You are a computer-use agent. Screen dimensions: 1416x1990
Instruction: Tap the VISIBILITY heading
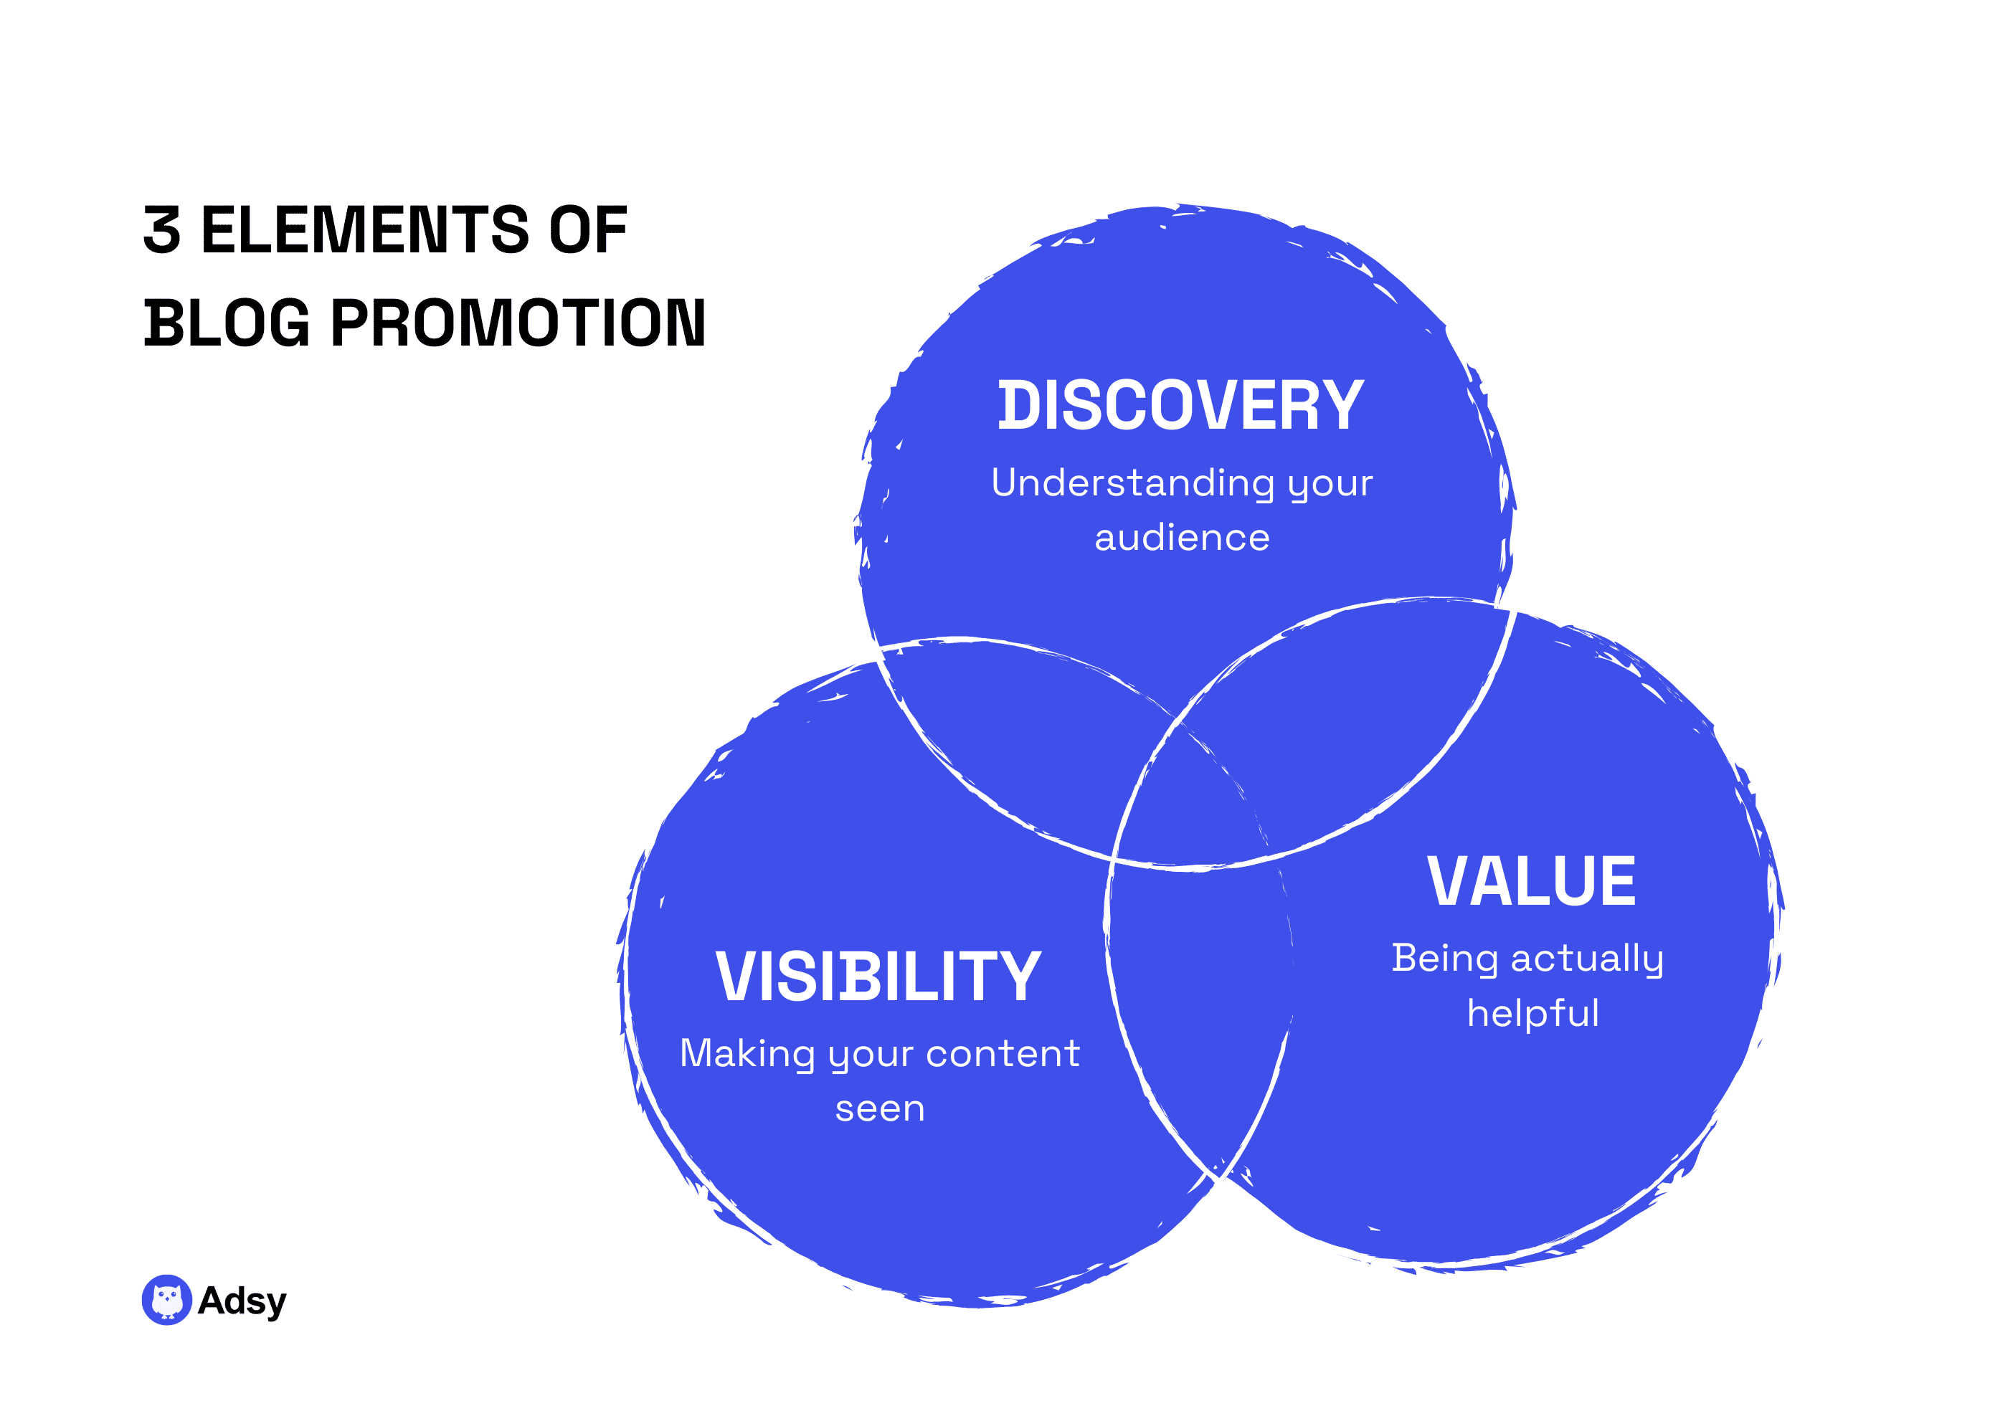(x=878, y=977)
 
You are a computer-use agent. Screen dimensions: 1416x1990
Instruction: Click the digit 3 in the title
(x=162, y=230)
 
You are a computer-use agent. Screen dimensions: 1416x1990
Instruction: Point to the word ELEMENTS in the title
(x=364, y=230)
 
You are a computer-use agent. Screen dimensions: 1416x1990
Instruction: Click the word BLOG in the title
(x=227, y=323)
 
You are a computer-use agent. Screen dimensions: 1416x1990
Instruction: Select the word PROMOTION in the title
(x=518, y=323)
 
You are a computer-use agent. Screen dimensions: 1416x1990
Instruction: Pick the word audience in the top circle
(x=1182, y=538)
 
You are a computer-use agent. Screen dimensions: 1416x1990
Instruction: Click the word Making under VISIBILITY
(x=747, y=1054)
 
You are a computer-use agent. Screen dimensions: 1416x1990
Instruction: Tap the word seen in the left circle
(x=879, y=1109)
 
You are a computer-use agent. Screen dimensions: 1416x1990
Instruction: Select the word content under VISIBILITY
(x=1003, y=1054)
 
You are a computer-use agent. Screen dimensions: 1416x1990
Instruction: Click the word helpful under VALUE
(x=1532, y=1014)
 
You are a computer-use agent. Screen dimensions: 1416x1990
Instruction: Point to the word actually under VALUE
(x=1586, y=959)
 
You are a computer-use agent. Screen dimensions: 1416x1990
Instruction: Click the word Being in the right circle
(x=1444, y=959)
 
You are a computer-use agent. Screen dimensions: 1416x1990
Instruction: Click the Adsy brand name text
(x=242, y=1300)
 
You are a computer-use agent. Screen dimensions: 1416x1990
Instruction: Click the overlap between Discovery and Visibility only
(x=1020, y=733)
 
